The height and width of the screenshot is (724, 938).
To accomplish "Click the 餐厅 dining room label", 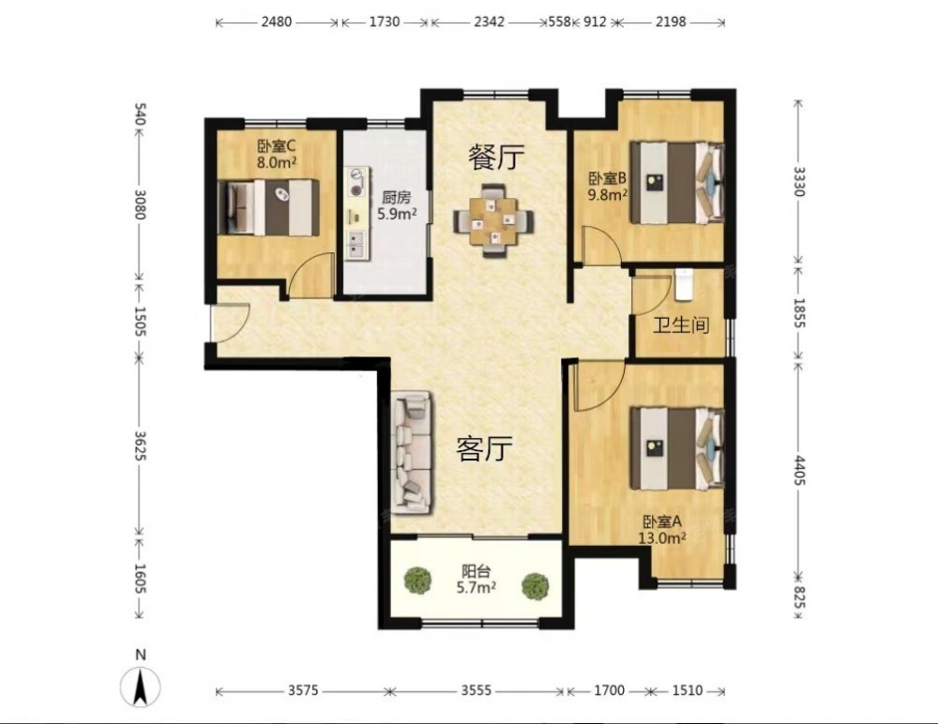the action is click(496, 158).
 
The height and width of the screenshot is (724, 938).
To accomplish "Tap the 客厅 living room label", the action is click(485, 449).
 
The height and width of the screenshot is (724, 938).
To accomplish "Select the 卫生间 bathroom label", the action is click(681, 325).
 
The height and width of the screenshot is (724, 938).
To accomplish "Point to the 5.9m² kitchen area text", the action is click(397, 214).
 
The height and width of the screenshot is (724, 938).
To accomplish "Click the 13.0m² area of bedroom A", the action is click(662, 537).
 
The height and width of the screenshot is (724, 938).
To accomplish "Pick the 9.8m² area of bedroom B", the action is click(607, 194).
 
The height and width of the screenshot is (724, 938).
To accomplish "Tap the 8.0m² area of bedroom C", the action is click(278, 161).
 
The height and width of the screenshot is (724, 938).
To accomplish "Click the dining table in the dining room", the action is click(493, 220).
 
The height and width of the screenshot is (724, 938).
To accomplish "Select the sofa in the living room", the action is click(412, 453).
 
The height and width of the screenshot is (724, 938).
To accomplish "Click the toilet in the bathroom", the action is click(683, 285).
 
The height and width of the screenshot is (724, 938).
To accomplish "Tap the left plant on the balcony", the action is click(417, 580).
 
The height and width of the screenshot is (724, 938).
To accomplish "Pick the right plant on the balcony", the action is click(535, 586).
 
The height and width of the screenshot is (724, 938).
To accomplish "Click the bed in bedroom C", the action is click(267, 207).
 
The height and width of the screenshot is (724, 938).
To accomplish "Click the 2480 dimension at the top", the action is click(277, 23).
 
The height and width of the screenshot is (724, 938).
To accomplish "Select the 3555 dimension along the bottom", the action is click(477, 691).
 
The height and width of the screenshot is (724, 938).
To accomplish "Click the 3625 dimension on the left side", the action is click(140, 445).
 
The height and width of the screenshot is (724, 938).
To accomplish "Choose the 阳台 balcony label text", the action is click(477, 571).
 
